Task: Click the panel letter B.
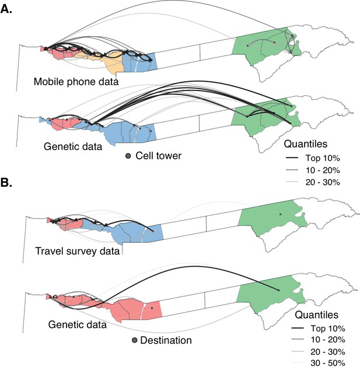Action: [x=6, y=183]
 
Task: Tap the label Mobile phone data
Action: [x=76, y=82]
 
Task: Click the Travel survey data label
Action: [x=78, y=251]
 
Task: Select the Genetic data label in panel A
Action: [x=73, y=146]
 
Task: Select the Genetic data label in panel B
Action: [x=78, y=324]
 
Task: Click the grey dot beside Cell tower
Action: [x=128, y=156]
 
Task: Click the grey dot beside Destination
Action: [x=134, y=340]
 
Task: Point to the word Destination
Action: [x=166, y=340]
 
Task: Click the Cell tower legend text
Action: [x=158, y=156]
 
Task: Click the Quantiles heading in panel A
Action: [x=306, y=144]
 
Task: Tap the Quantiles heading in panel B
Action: [x=317, y=315]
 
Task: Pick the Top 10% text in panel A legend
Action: [x=323, y=158]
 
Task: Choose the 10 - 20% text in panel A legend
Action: [x=323, y=170]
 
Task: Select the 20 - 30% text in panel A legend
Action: [x=323, y=182]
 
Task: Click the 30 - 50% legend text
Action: [x=328, y=363]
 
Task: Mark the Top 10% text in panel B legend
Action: [x=328, y=328]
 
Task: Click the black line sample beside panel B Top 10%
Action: [x=298, y=328]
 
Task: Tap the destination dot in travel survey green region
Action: [x=281, y=214]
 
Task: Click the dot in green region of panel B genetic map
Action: [x=279, y=291]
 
